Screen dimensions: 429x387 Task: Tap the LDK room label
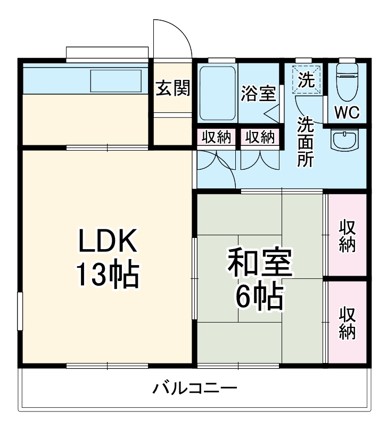point(109,241)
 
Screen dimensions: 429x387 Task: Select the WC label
point(347,112)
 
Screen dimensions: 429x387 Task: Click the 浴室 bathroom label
point(258,94)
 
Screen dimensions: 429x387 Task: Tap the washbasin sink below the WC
point(345,141)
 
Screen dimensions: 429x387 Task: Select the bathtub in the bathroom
point(217,94)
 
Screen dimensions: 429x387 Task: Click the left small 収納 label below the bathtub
point(216,137)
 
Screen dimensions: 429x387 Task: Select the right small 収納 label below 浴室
point(259,137)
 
